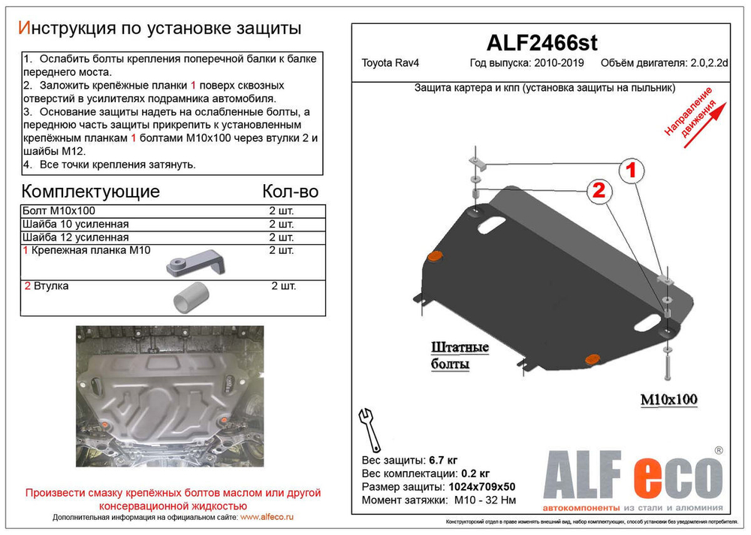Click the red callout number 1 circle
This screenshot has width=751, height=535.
(632, 171)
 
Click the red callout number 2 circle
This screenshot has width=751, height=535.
(599, 190)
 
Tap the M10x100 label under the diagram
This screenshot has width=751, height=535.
(668, 400)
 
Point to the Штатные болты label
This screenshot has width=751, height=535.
(460, 355)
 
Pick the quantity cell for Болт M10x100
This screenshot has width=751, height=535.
(282, 210)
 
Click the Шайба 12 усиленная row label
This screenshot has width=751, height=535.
(77, 237)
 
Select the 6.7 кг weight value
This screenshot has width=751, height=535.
(443, 460)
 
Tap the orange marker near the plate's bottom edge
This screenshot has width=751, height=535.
(592, 358)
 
